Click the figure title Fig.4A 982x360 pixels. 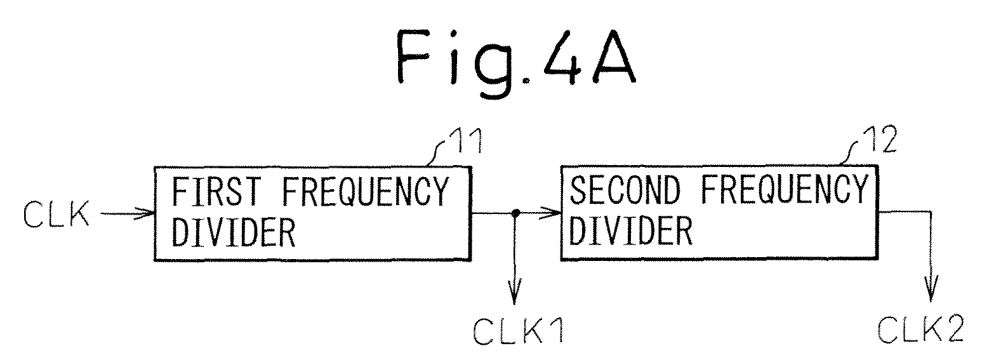click(516, 60)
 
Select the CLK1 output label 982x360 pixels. click(519, 331)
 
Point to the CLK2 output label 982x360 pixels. click(921, 329)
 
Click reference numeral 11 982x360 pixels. click(468, 141)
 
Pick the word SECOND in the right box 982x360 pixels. click(625, 189)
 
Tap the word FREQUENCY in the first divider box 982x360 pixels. click(365, 191)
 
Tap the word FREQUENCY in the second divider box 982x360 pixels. click(785, 189)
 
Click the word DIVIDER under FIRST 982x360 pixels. click(233, 232)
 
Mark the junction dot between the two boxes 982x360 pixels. click(516, 213)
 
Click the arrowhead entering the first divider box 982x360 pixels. click(147, 214)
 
